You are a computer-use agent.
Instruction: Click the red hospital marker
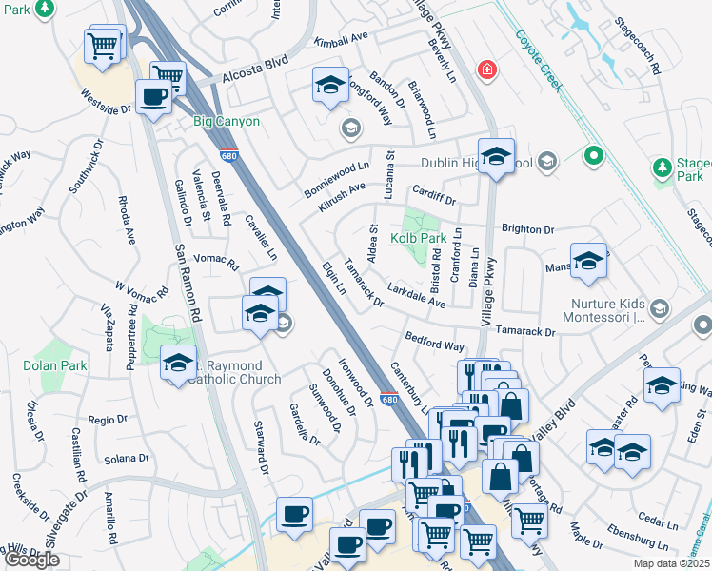click(487, 69)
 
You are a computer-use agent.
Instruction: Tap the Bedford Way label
click(434, 342)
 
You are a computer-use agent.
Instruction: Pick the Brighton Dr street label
click(527, 229)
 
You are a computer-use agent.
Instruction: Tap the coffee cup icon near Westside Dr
click(153, 95)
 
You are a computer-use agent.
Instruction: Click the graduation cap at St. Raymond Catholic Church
click(178, 363)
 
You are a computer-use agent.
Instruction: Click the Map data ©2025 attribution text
click(669, 563)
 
